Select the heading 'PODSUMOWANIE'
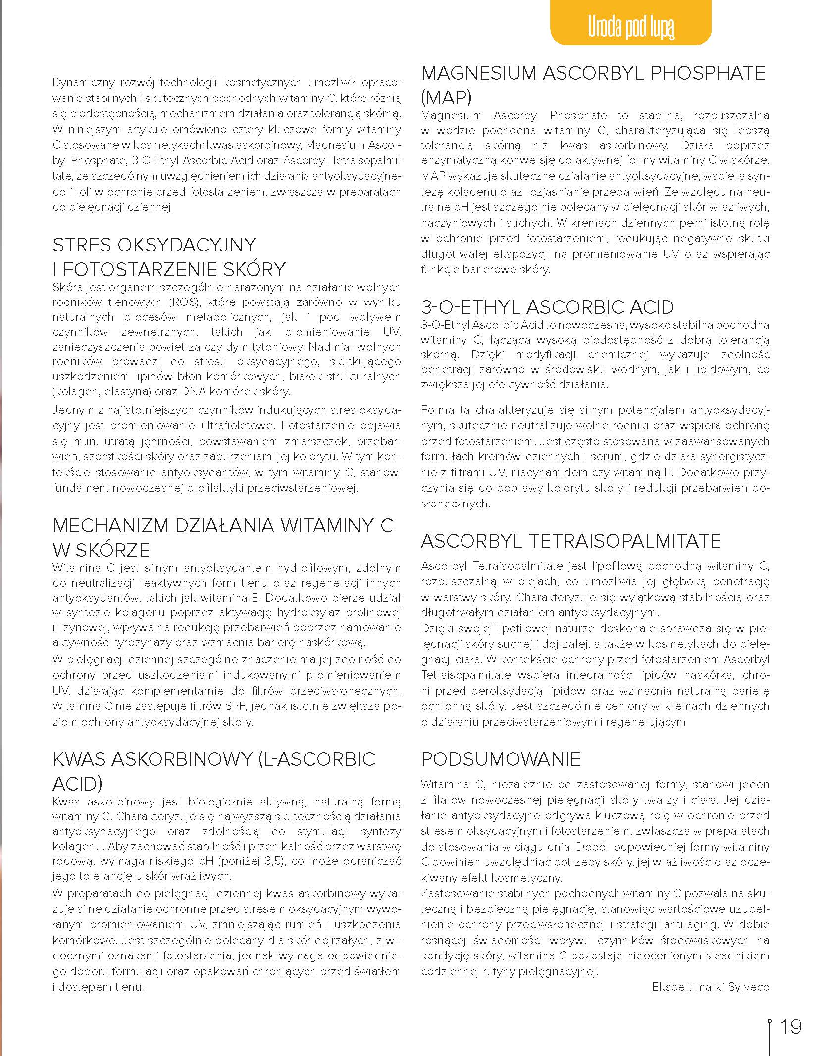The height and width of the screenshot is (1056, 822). (501, 759)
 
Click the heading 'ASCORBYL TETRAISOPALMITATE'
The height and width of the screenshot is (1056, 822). (570, 541)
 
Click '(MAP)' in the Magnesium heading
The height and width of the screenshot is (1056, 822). (446, 98)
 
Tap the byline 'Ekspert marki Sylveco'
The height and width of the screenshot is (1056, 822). (710, 987)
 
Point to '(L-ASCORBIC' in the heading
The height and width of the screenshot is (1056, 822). (317, 759)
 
